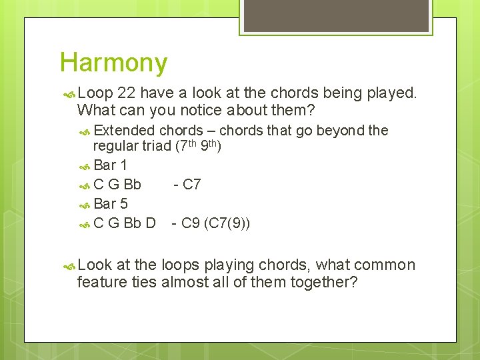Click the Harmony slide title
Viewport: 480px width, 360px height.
pos(113,63)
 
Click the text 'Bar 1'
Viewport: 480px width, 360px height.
pos(110,165)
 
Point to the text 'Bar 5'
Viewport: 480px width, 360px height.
pos(110,203)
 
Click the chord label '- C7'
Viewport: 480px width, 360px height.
pos(187,184)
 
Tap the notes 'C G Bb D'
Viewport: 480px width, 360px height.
pos(125,223)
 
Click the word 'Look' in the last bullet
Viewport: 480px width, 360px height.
pos(95,265)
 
